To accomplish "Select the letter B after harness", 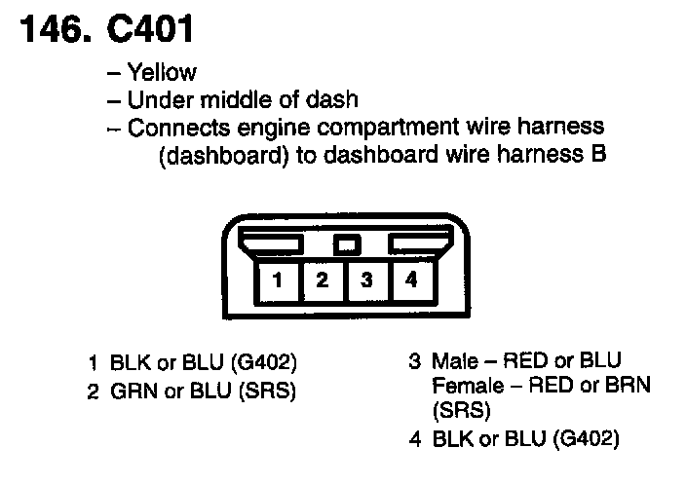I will tap(599, 156).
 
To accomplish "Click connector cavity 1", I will tap(278, 280).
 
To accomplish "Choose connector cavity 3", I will tap(367, 280).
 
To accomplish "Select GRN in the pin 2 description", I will tap(126, 392).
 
